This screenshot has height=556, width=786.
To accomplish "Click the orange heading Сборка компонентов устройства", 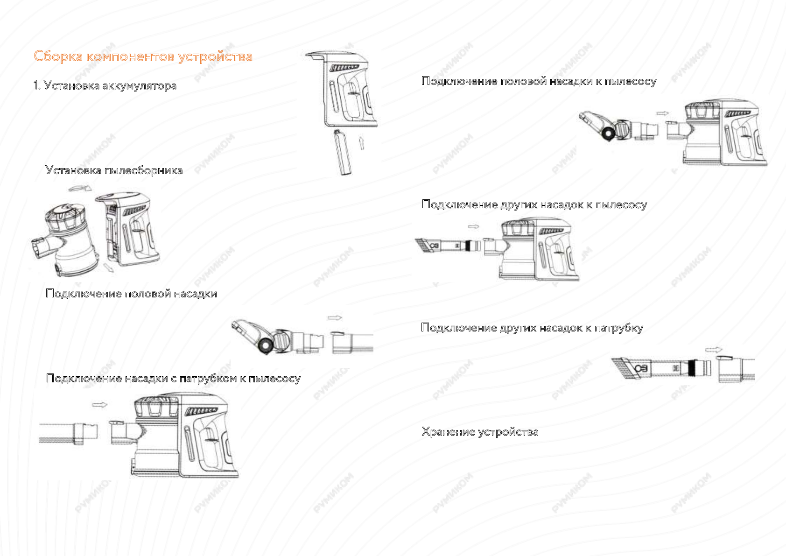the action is pos(143,56).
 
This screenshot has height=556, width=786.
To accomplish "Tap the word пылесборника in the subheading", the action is pos(143,170).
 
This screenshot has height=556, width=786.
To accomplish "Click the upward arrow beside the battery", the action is pos(362,142).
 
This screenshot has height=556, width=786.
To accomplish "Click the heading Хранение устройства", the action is pos(479,432).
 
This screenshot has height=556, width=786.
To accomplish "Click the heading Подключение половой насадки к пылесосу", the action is pos(539,81).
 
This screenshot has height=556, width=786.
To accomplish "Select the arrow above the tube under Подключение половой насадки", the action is pos(335,318).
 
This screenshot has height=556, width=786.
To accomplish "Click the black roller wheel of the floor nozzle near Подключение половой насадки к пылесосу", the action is pos(609,134).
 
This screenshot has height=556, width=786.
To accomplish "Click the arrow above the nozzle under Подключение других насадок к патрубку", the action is pos(714,349).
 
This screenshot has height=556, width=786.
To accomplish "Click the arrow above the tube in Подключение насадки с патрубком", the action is pos(100,405).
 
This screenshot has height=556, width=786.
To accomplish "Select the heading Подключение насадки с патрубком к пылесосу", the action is pos(173,379).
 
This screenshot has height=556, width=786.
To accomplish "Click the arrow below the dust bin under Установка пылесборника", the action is pos(109,268).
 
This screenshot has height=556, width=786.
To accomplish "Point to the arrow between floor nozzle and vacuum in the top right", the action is pos(662,113).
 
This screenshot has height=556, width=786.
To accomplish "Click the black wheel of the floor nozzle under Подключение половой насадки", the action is pos(265,345).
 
